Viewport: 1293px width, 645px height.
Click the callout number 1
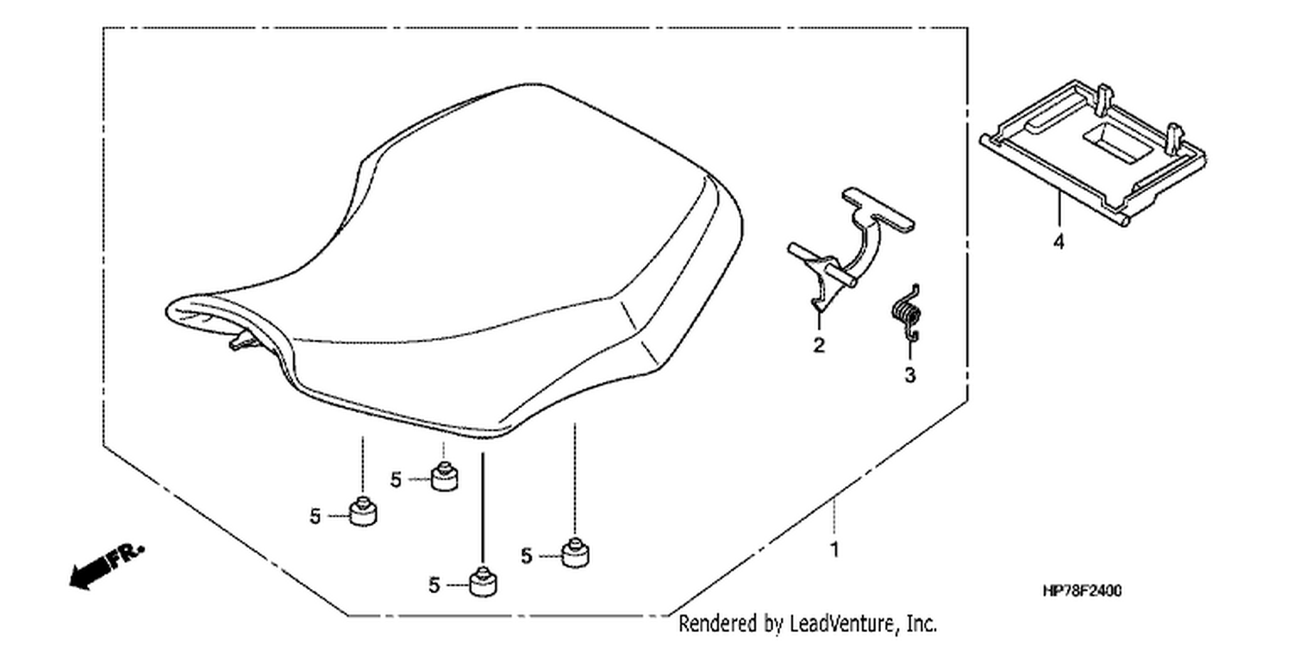834,549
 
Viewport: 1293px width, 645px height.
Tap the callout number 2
819,345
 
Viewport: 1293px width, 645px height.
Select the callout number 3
910,375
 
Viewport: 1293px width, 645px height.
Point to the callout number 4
1059,241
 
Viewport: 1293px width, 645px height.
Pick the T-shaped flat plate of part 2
878,210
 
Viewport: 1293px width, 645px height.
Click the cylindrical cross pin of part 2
822,265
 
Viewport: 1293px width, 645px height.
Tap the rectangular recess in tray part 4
1118,142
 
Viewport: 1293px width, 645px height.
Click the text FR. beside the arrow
127,554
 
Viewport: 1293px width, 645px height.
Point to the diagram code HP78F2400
1083,591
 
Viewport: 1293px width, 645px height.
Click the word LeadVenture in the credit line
842,624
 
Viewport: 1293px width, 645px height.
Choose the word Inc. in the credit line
921,624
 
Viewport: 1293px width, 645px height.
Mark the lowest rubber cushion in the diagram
483,582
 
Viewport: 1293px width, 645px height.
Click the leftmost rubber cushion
363,511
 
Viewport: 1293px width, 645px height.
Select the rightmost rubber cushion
575,553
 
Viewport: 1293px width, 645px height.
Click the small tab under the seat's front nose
240,341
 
